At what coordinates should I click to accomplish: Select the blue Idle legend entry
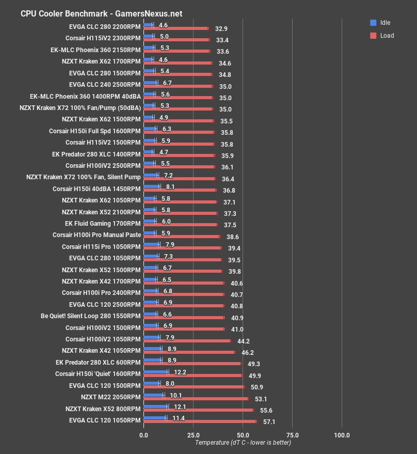(381, 23)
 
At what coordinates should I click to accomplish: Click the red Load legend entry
(382, 36)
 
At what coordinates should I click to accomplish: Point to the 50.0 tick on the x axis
(243, 435)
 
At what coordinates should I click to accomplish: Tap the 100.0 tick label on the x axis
(342, 435)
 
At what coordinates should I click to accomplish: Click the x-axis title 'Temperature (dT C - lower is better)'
(243, 443)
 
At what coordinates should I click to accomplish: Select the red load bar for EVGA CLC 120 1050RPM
(200, 421)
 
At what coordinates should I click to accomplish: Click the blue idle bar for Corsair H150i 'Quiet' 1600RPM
(155, 372)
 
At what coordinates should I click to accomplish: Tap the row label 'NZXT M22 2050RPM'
(110, 397)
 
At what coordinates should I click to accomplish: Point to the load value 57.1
(269, 422)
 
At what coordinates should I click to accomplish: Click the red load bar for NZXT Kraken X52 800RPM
(198, 410)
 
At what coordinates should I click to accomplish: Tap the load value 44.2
(244, 341)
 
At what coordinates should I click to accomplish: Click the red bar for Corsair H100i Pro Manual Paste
(182, 237)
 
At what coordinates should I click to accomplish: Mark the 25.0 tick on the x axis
(193, 435)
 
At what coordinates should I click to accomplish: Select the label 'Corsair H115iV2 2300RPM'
(103, 38)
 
